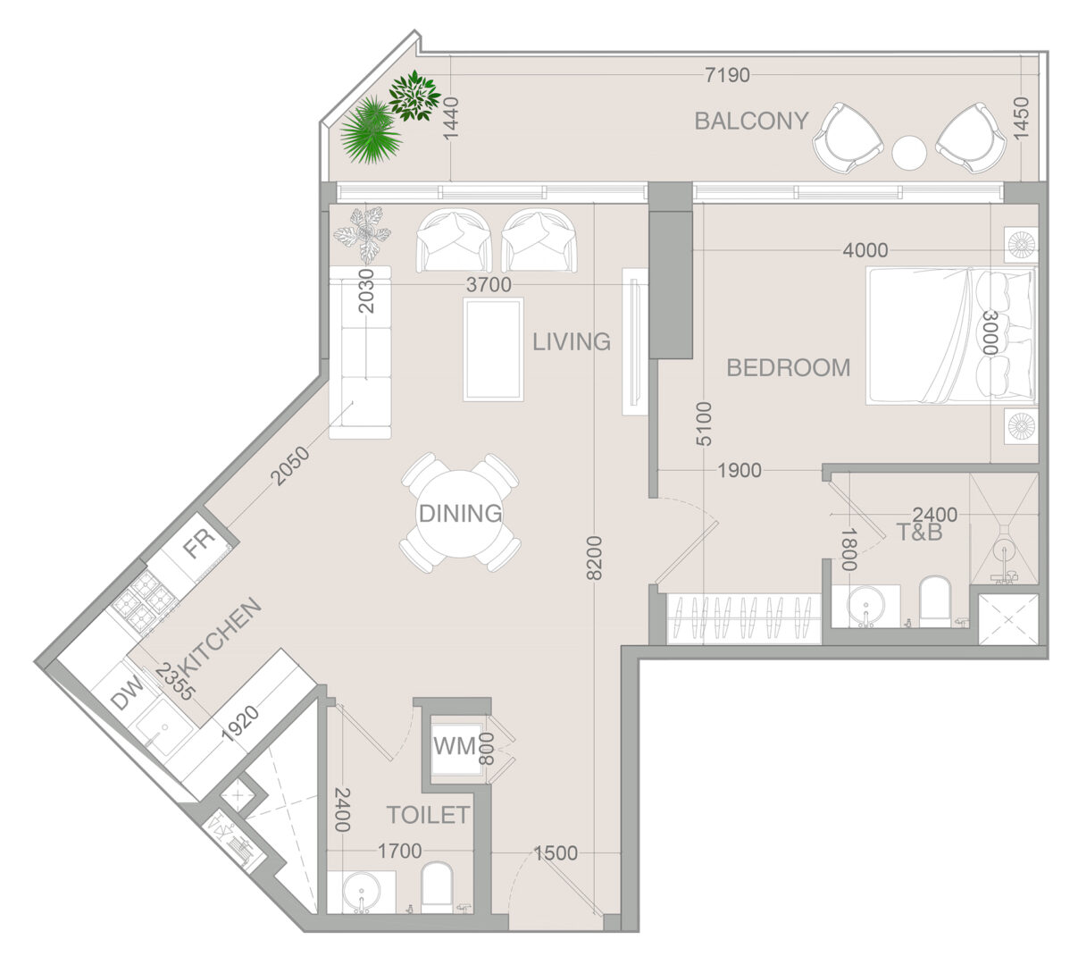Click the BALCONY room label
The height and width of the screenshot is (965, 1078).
[x=751, y=121]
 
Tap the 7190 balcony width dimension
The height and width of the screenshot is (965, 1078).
[x=727, y=75]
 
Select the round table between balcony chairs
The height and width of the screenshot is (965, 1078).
[x=909, y=153]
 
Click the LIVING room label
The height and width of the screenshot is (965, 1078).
[x=572, y=341]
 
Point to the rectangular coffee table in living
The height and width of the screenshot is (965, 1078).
[x=493, y=349]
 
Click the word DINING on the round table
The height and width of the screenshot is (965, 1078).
[x=460, y=513]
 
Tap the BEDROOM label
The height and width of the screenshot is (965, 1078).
[x=788, y=368]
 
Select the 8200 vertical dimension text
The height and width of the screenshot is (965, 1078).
[x=593, y=558]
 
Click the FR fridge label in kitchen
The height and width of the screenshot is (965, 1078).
[x=199, y=543]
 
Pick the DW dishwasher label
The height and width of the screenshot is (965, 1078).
[x=127, y=692]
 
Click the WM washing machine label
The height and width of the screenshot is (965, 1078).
[x=454, y=746]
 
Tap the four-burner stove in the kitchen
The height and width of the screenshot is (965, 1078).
[x=146, y=601]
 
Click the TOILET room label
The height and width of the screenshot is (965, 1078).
[x=428, y=815]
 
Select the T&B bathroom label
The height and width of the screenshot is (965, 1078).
[x=919, y=532]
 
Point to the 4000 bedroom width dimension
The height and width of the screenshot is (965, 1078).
[x=865, y=250]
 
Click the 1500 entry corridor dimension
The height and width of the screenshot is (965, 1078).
[x=556, y=853]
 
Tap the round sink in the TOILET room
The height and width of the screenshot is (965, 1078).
[x=362, y=893]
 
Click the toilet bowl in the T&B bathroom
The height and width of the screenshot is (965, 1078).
[x=935, y=601]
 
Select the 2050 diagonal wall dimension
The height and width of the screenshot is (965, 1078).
[x=290, y=466]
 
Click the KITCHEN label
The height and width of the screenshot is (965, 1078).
[x=221, y=636]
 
